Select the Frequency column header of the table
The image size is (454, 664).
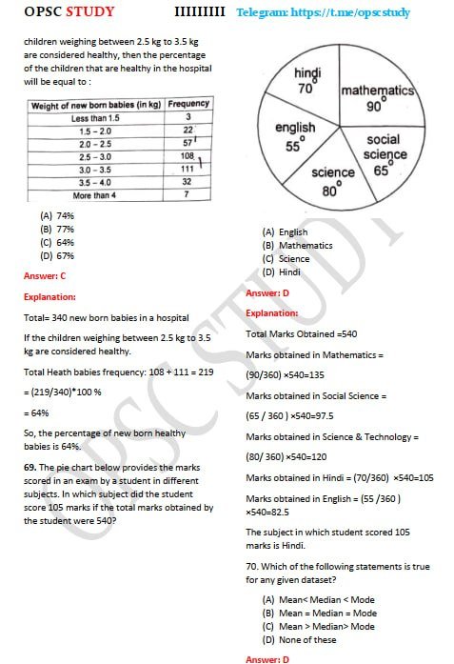coord(188,103)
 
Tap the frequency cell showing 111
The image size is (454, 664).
coord(188,168)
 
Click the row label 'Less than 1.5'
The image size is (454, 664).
coord(93,116)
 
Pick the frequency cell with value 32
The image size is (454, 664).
coord(188,181)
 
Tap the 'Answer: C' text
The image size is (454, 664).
coord(46,275)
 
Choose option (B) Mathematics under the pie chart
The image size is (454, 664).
coord(285,245)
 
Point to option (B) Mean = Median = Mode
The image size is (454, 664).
coord(315,613)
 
